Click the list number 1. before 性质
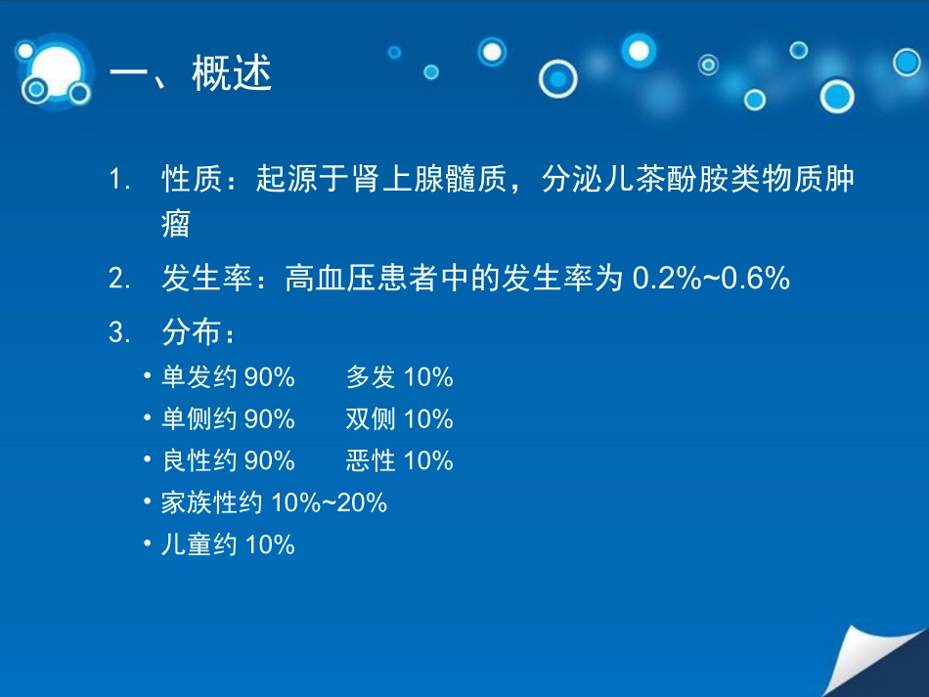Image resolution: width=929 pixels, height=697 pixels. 119,181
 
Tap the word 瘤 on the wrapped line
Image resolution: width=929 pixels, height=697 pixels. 176,225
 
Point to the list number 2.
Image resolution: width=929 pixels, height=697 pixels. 119,281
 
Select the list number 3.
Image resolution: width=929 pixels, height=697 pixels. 119,333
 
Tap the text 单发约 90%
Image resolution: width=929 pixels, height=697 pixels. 228,377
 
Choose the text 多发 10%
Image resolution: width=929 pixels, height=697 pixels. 399,377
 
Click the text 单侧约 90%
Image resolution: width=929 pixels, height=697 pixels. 228,419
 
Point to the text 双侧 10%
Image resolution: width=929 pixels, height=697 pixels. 399,419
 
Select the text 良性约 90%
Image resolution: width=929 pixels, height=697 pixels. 228,460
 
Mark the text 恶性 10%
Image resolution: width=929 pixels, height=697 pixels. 399,460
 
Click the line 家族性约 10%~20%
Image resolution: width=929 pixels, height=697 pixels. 274,502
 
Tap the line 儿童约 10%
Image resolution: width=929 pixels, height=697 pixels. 228,545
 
